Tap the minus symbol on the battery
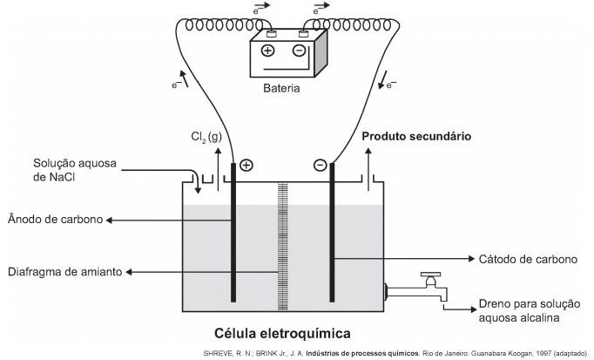click(299, 51)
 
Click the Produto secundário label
click(416, 137)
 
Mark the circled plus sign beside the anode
click(246, 164)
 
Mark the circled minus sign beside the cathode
click(320, 164)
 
